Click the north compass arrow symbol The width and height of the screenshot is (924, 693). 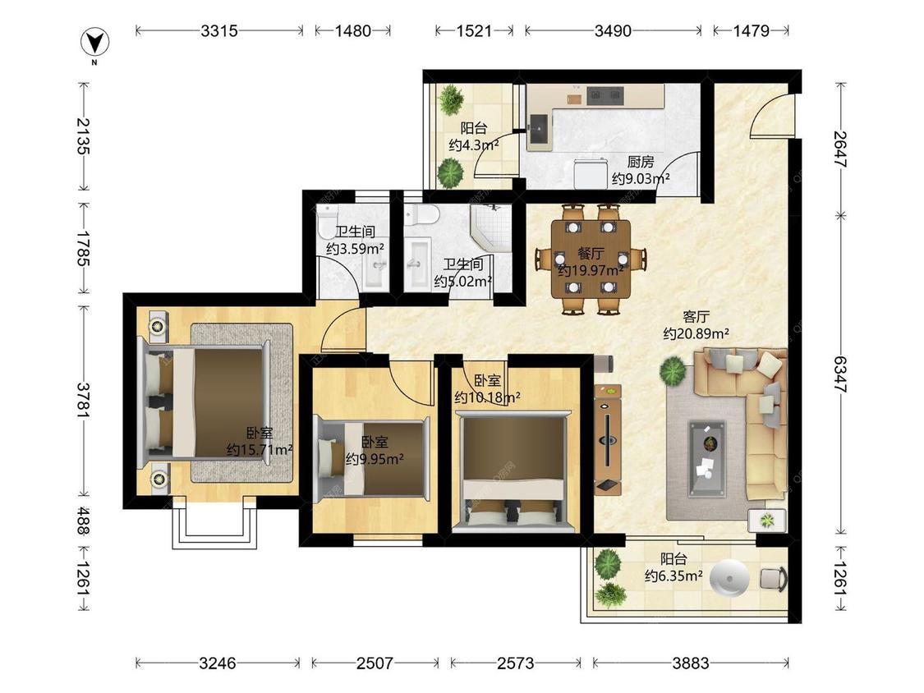click(x=94, y=43)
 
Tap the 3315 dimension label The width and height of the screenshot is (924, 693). click(x=218, y=30)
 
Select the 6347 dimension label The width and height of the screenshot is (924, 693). click(x=840, y=374)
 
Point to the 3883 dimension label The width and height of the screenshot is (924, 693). click(x=691, y=663)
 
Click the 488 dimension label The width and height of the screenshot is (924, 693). click(x=84, y=521)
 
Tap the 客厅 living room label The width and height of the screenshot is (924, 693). click(x=696, y=317)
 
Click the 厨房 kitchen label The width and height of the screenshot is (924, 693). click(x=640, y=162)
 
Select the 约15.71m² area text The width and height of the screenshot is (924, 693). click(x=260, y=450)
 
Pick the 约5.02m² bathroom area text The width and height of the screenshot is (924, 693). click(x=463, y=282)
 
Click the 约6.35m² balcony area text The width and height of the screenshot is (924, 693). click(x=673, y=576)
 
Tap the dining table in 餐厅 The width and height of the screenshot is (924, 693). click(x=591, y=259)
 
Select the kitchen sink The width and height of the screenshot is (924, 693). click(x=540, y=128)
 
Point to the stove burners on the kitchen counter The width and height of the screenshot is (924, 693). click(x=605, y=94)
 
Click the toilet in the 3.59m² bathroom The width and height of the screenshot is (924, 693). click(x=326, y=222)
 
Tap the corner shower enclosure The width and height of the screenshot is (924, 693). click(x=490, y=226)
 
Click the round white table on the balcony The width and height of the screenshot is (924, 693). click(x=729, y=579)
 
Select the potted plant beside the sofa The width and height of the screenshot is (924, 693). click(x=673, y=371)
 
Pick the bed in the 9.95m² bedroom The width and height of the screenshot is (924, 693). click(x=373, y=459)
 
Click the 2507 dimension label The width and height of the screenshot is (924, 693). click(x=375, y=663)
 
